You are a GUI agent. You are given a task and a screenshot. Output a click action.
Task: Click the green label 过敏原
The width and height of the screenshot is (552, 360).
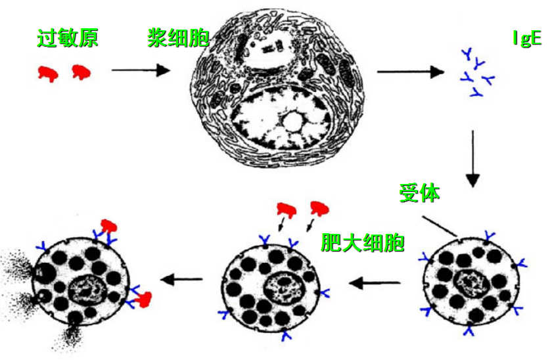(x=68, y=39)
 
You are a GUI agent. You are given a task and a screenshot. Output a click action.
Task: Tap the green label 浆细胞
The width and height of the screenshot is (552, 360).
(x=178, y=39)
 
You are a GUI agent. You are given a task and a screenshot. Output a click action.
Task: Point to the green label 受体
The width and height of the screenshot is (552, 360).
(x=419, y=193)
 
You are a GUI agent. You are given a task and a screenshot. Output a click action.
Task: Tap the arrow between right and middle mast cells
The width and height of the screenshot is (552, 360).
(x=375, y=283)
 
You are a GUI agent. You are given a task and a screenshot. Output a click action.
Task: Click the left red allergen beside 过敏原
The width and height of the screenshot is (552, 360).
(x=47, y=74)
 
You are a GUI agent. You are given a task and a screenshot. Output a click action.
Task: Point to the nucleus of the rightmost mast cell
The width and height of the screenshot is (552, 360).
(x=471, y=284)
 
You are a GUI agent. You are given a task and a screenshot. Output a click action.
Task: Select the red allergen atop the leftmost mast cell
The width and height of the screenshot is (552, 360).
(x=107, y=227)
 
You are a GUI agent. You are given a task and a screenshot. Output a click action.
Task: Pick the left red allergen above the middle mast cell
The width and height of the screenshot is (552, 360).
(x=287, y=210)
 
